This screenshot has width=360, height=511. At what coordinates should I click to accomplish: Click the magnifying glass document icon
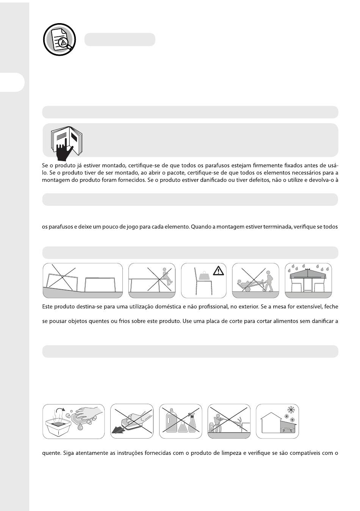(x=59, y=39)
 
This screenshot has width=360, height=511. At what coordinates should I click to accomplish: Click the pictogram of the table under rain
(x=308, y=280)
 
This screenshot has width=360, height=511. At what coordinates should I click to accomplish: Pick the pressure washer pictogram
(x=229, y=421)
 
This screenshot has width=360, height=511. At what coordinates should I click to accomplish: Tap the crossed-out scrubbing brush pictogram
(x=131, y=421)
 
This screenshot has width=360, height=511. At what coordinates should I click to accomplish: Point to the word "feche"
(x=330, y=306)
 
